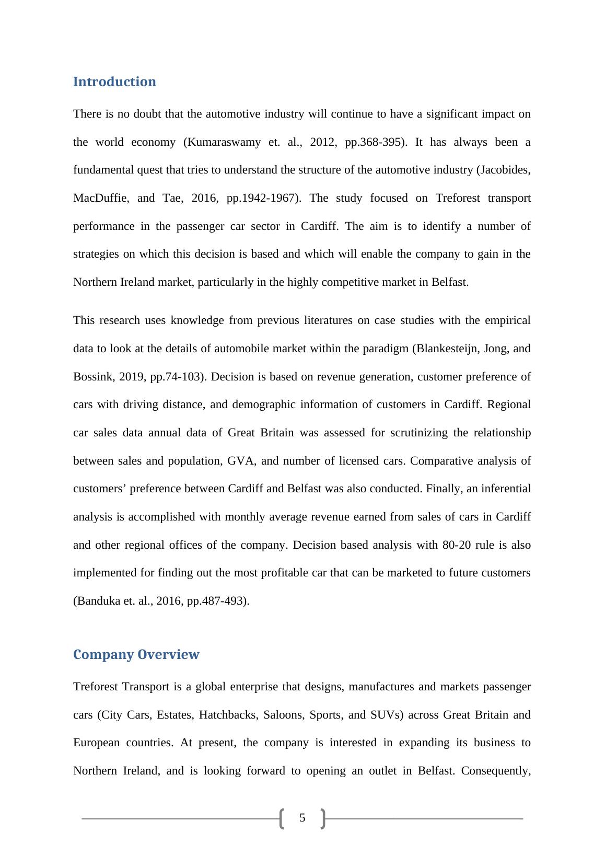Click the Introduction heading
point(114,82)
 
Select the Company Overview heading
point(136,655)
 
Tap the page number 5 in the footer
point(302,818)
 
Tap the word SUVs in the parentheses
point(386,715)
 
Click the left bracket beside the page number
point(282,818)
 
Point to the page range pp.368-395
point(375,143)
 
